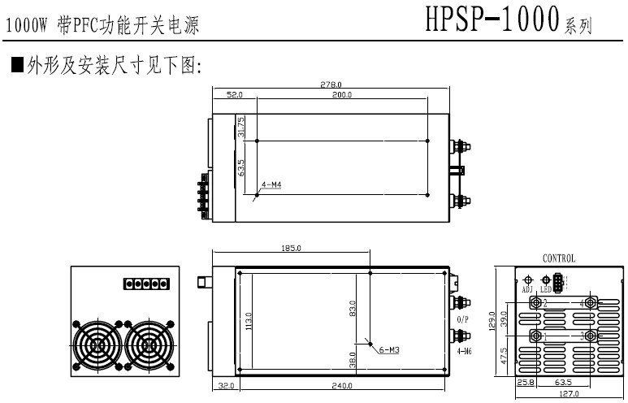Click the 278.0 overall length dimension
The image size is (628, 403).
331,84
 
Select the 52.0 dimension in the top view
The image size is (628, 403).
235,96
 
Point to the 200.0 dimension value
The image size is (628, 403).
342,96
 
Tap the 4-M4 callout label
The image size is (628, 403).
271,185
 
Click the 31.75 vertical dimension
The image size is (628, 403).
242,127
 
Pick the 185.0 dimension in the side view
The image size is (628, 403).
291,248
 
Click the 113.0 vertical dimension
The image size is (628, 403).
249,323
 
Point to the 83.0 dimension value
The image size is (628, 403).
352,310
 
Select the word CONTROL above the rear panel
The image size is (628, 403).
559,258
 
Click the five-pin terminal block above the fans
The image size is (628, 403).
146,284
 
